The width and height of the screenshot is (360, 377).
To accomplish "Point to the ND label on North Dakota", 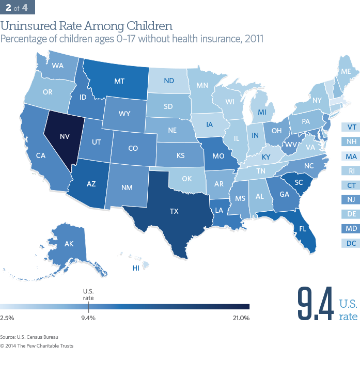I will (x=168, y=81).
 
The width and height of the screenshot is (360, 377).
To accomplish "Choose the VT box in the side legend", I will (x=351, y=127).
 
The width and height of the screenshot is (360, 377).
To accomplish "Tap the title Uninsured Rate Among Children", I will (x=86, y=25).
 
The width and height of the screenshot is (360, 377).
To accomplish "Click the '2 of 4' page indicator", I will (x=18, y=7).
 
